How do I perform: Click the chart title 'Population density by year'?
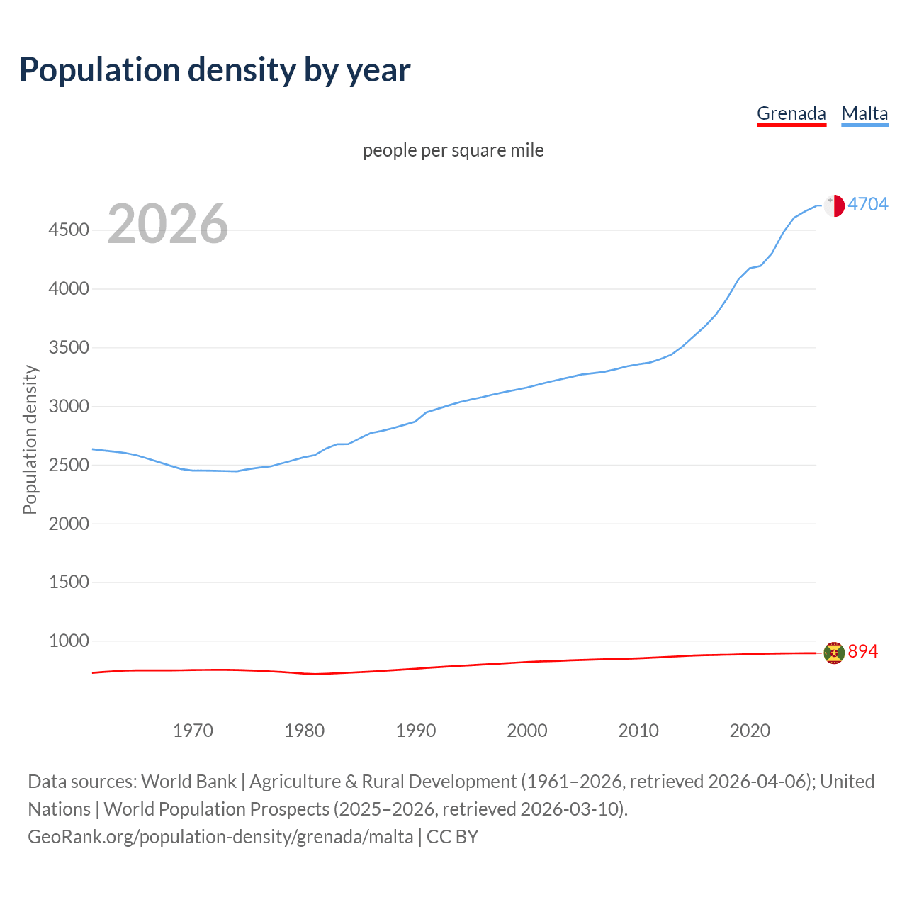pos(215,70)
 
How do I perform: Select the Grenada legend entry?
pos(791,113)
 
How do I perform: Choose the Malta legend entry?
pos(864,113)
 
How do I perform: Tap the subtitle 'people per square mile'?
pos(453,150)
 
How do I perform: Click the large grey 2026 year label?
pos(168,224)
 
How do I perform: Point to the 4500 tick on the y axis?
pos(69,230)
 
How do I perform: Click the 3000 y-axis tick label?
pos(69,407)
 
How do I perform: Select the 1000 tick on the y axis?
pos(69,641)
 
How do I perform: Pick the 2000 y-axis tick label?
pos(69,524)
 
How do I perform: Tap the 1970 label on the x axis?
pos(193,731)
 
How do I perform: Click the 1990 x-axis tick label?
pos(416,731)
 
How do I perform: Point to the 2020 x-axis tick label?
pos(750,731)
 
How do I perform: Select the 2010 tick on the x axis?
pos(638,731)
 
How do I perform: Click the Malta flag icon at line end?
pos(834,205)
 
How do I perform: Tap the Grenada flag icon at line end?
pos(834,653)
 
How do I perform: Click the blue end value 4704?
pos(868,205)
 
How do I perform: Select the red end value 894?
pos(862,652)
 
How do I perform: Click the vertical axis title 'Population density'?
pos(30,439)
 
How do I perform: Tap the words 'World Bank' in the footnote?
pos(188,782)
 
